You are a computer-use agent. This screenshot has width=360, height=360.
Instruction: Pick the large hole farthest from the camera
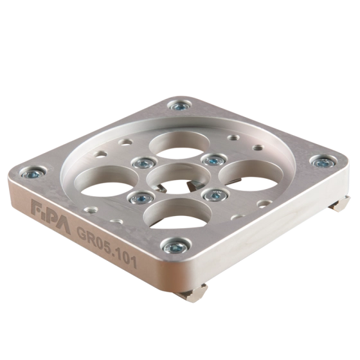[x=179, y=145]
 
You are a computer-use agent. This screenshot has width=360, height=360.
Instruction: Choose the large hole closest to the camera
[x=177, y=214]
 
